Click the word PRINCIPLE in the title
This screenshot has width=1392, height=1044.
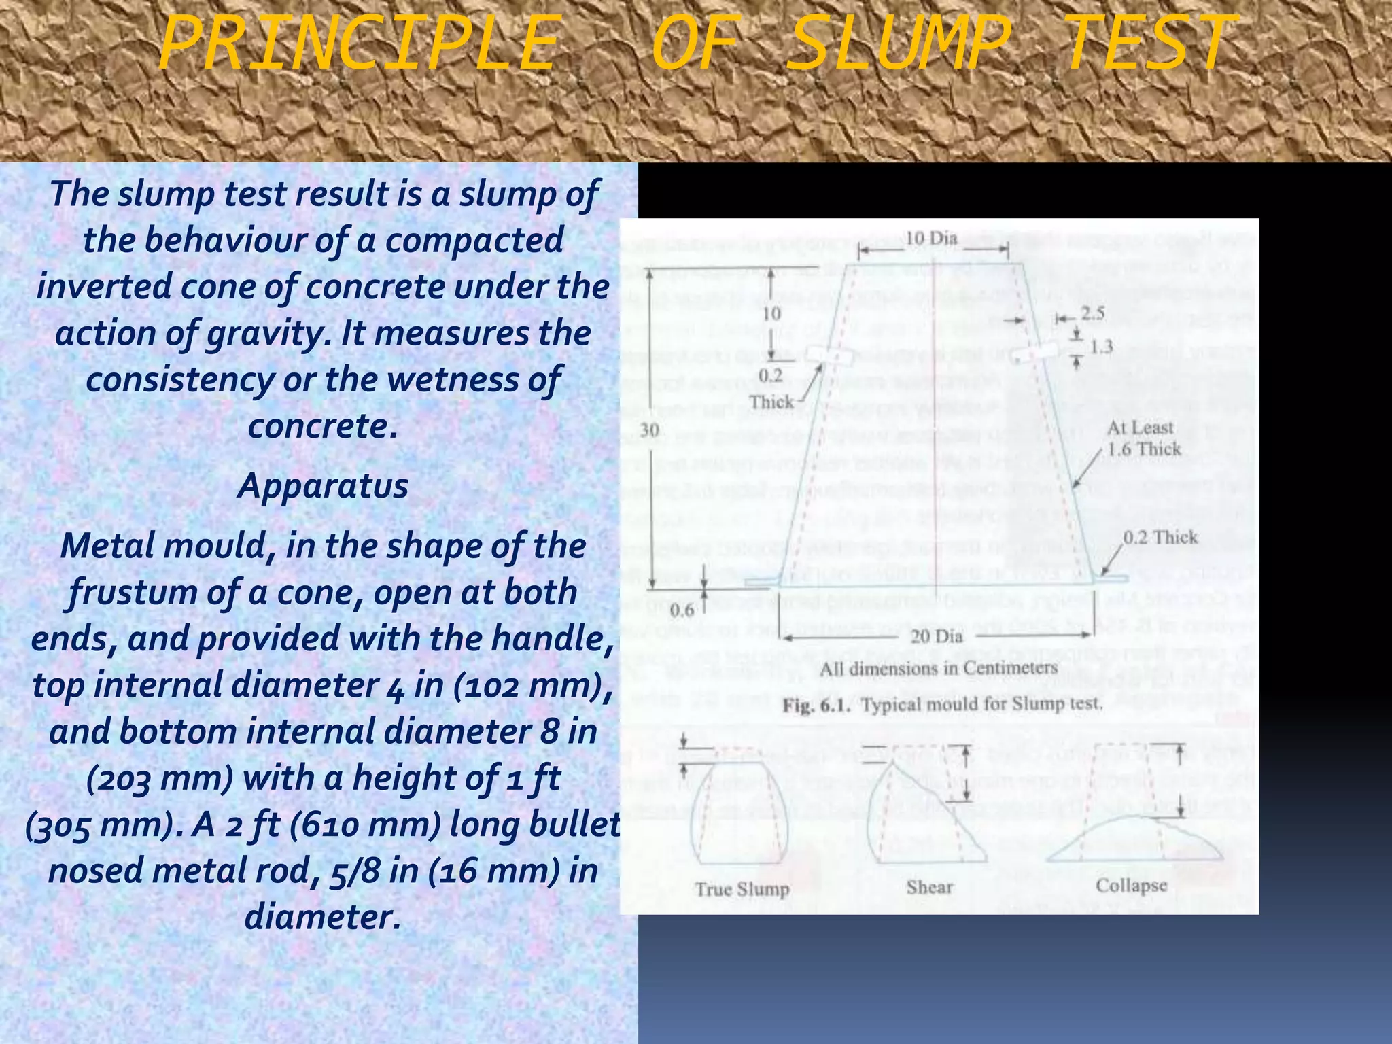(x=357, y=45)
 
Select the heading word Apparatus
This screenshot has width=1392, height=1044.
(x=323, y=486)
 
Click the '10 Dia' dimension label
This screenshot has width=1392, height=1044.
(x=931, y=239)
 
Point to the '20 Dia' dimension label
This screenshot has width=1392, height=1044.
(x=937, y=636)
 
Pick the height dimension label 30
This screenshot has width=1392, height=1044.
(x=650, y=430)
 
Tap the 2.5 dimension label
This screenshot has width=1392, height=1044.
(x=1093, y=313)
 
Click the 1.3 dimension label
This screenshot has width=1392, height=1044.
(x=1101, y=347)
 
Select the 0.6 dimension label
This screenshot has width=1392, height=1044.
(x=682, y=610)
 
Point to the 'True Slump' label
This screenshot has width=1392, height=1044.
(x=742, y=889)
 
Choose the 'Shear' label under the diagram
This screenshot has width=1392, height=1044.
(x=929, y=887)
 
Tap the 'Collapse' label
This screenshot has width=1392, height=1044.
(x=1131, y=886)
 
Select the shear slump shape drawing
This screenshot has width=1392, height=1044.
(x=924, y=816)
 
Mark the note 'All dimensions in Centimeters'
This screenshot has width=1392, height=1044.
(x=938, y=669)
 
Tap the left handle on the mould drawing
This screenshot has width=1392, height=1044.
(x=829, y=355)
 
